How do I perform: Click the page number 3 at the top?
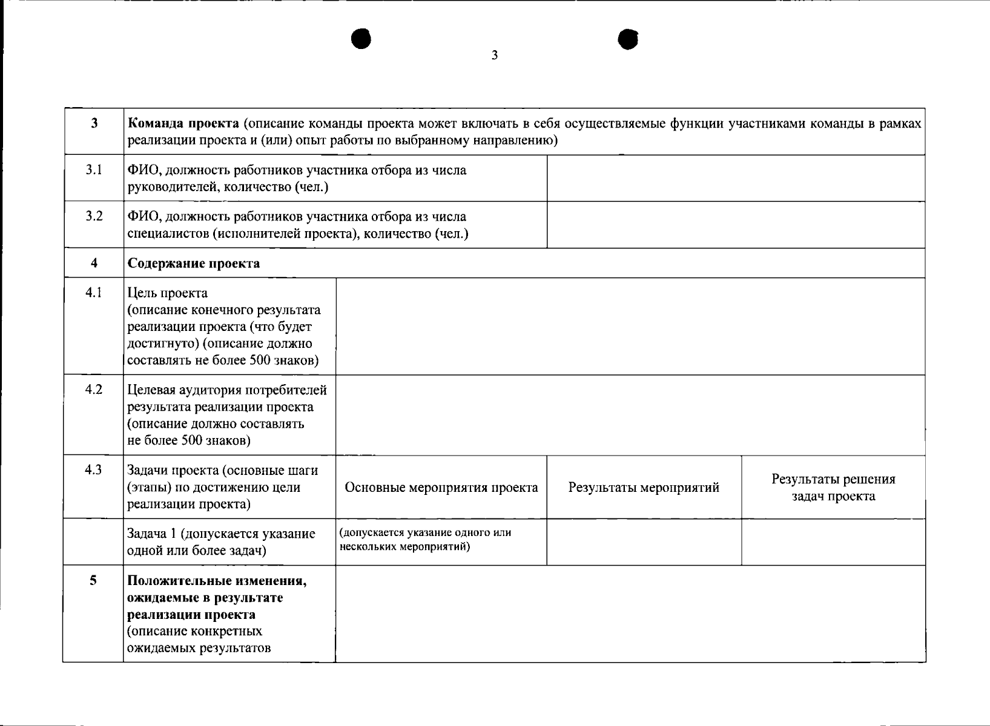[x=494, y=56]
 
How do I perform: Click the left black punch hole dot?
[x=361, y=39]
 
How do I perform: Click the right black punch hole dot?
[x=629, y=39]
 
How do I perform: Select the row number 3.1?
[x=94, y=170]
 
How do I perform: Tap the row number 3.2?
[x=94, y=217]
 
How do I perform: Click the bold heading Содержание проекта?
[x=194, y=263]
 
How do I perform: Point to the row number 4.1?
[x=94, y=293]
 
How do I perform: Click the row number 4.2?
[x=94, y=390]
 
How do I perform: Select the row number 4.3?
[x=94, y=470]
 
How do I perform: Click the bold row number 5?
[x=93, y=581]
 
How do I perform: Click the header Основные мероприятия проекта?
[x=441, y=488]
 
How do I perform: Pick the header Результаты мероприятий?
[x=644, y=488]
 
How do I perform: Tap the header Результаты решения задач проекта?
[x=833, y=488]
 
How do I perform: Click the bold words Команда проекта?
[x=183, y=124]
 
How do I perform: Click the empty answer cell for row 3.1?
[x=736, y=178]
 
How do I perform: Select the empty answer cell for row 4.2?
[x=630, y=414]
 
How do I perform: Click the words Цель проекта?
[x=168, y=293]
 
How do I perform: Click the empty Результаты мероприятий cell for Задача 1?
[x=644, y=541]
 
